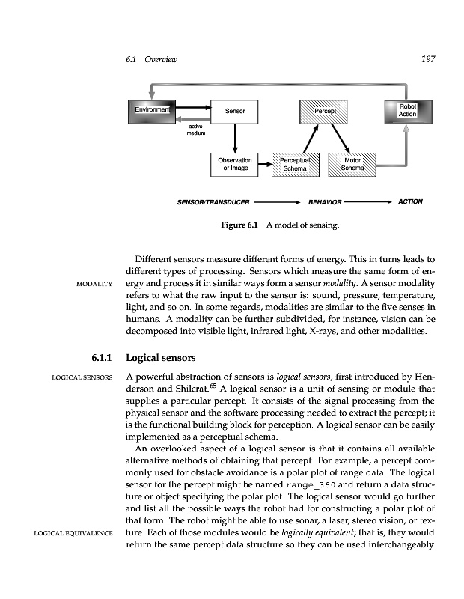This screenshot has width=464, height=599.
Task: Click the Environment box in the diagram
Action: [x=151, y=112]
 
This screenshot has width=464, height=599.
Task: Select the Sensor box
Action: [x=236, y=112]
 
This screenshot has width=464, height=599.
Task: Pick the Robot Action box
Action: [x=407, y=110]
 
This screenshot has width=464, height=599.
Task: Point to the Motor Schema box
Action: [x=352, y=164]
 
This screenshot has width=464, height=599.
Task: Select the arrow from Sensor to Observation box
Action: [x=236, y=138]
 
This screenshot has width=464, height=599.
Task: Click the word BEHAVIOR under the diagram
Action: [x=325, y=202]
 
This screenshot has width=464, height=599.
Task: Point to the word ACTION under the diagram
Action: [x=411, y=201]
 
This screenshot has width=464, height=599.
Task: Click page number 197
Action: [x=429, y=59]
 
